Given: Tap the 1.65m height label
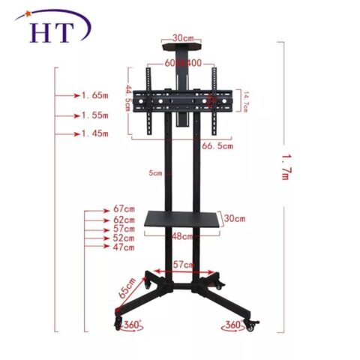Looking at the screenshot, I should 96,96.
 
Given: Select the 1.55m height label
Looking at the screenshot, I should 96,115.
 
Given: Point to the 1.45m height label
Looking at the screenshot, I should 96,133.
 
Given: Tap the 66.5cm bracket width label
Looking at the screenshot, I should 217,145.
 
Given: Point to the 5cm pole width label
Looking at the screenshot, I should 155,173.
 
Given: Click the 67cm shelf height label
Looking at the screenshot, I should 124,208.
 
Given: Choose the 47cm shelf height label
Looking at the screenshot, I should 124,247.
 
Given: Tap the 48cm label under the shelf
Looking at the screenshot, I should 182,236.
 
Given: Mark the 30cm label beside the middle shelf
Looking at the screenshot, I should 235,218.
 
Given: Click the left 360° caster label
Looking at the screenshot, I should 134,325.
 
